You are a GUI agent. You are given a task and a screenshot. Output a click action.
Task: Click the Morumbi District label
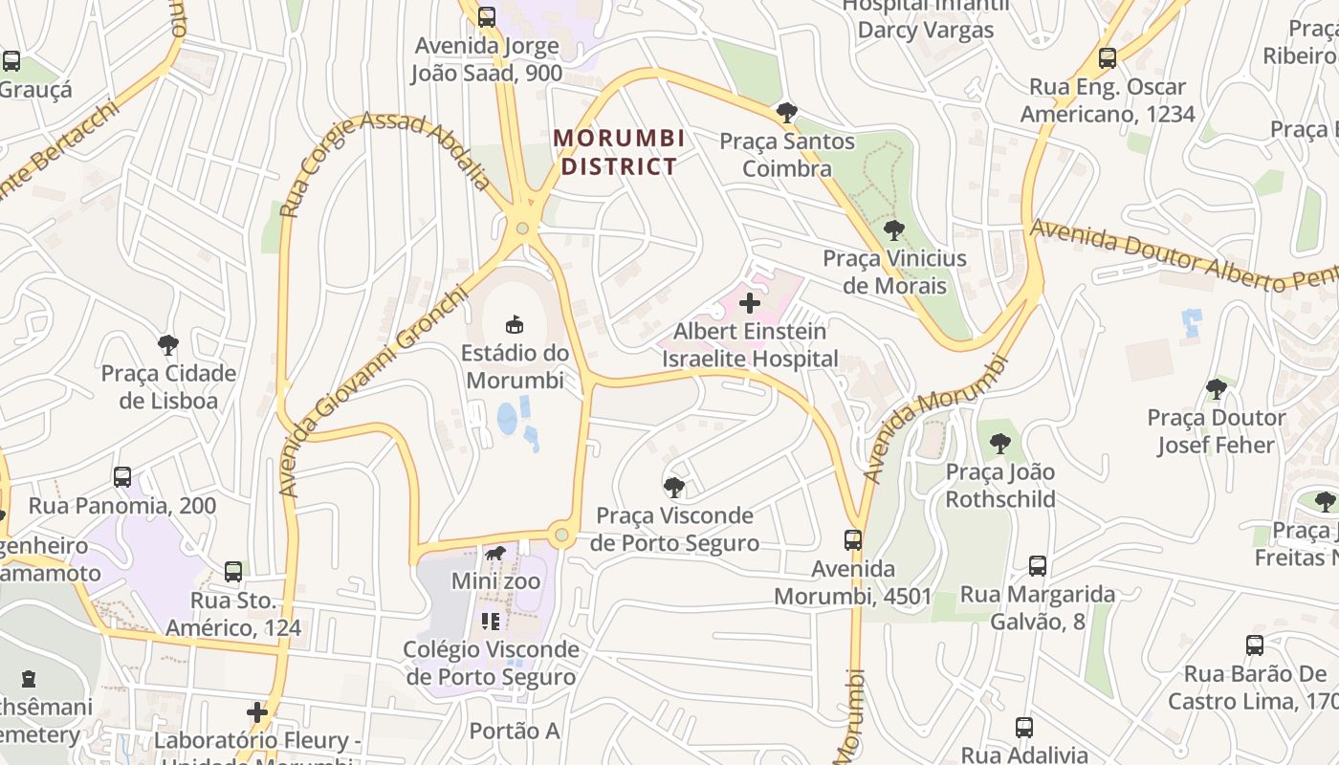pyautogui.click(x=619, y=152)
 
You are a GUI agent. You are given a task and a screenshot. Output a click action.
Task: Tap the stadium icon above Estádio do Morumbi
pyautogui.click(x=515, y=324)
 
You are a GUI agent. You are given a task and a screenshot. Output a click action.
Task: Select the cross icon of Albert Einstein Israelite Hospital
pyautogui.click(x=750, y=304)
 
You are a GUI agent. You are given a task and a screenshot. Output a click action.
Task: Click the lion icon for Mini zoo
pyautogui.click(x=494, y=554)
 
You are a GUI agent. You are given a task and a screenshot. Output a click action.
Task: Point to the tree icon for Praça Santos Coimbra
pyautogui.click(x=786, y=113)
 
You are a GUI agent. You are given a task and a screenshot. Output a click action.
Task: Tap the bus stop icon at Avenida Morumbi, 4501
pyautogui.click(x=853, y=540)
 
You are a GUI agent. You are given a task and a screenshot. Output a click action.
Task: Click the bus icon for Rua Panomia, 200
pyautogui.click(x=122, y=477)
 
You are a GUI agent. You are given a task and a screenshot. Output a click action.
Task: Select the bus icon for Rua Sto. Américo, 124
pyautogui.click(x=232, y=572)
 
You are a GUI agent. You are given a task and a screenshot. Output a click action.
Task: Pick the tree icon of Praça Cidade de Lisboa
pyautogui.click(x=168, y=344)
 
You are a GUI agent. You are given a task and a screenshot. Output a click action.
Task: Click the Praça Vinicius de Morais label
pyautogui.click(x=894, y=272)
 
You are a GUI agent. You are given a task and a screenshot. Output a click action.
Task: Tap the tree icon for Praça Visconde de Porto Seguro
pyautogui.click(x=673, y=488)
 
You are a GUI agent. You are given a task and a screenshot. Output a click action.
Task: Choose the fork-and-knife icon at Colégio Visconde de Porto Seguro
pyautogui.click(x=491, y=622)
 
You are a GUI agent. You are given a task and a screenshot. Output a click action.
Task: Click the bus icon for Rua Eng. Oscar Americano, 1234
pyautogui.click(x=1108, y=58)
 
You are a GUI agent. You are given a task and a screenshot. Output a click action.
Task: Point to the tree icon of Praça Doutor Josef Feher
pyautogui.click(x=1216, y=389)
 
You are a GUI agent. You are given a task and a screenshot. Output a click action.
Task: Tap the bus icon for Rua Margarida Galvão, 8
pyautogui.click(x=1038, y=566)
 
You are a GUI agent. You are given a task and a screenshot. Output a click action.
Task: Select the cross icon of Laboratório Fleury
pyautogui.click(x=256, y=712)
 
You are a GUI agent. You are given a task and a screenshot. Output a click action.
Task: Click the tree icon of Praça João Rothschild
pyautogui.click(x=999, y=444)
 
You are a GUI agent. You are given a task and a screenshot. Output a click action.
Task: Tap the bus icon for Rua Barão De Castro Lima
pyautogui.click(x=1255, y=645)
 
